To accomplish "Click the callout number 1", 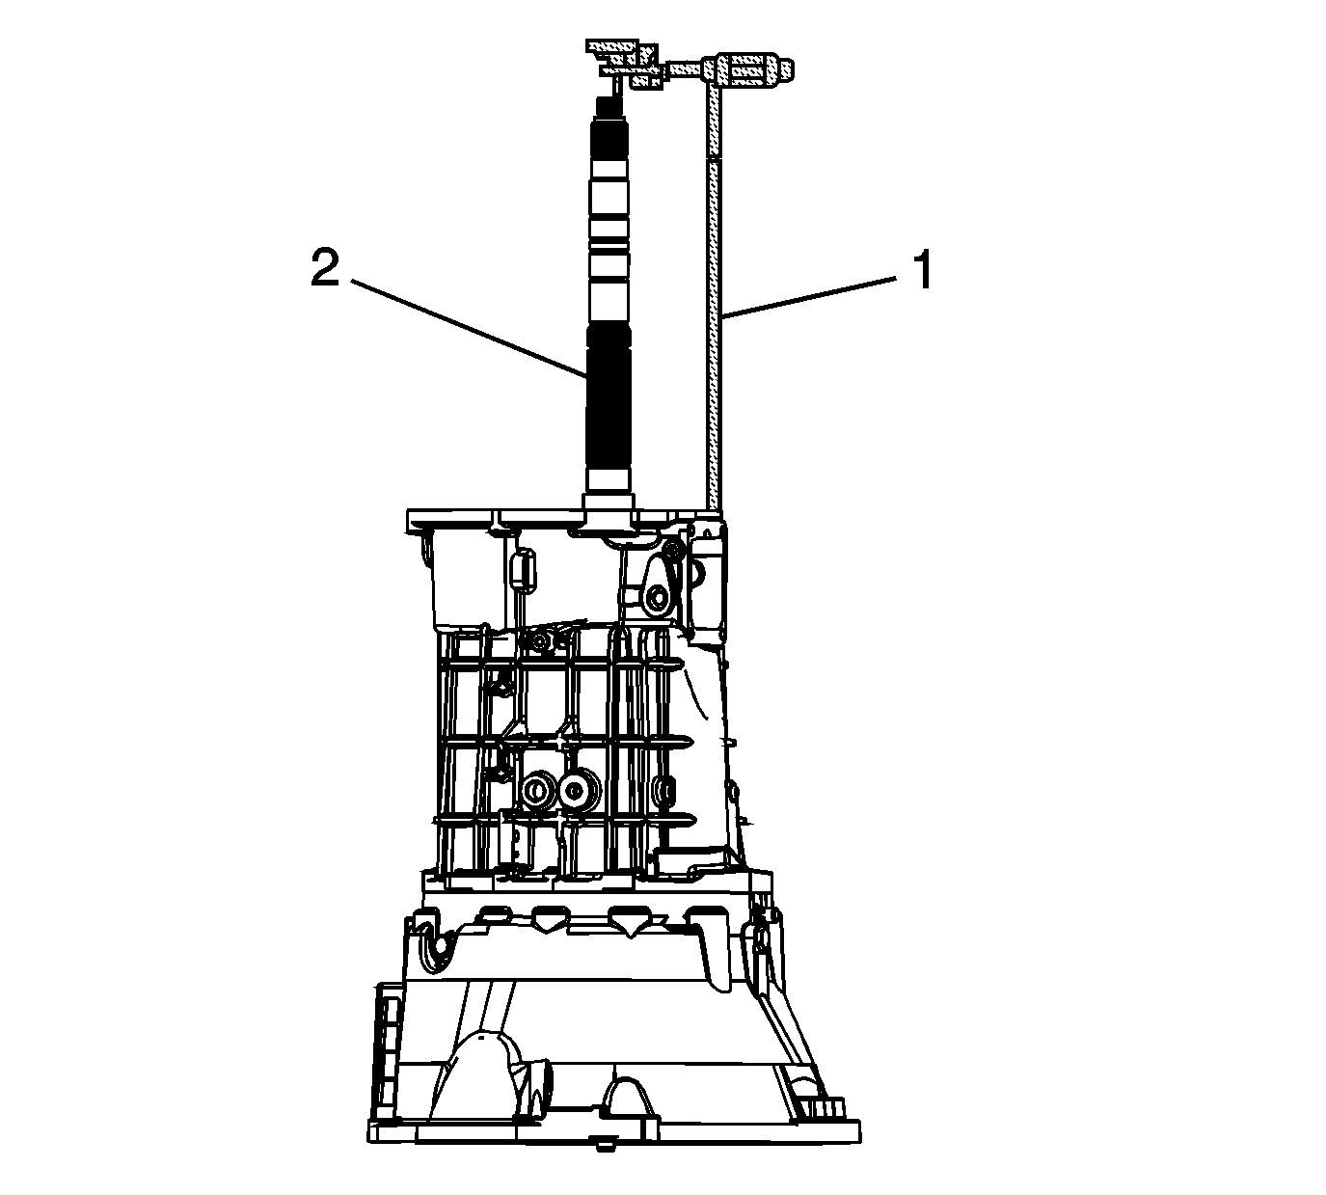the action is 922,270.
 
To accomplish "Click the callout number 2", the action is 325,269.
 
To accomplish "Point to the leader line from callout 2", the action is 468,329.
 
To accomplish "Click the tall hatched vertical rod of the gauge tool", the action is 713,298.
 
